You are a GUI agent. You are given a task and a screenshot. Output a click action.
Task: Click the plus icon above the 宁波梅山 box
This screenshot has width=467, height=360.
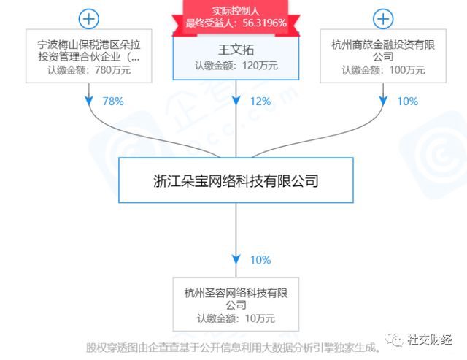coord(89,19)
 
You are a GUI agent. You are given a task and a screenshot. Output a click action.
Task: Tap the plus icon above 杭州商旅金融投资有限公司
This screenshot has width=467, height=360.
coord(383,19)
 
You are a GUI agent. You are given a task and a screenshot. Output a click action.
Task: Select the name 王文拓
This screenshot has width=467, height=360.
coord(236,50)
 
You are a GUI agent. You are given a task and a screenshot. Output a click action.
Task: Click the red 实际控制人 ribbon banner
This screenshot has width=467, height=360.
coord(236,18)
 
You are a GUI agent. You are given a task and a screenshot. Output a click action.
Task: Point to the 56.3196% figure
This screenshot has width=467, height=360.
coord(264,23)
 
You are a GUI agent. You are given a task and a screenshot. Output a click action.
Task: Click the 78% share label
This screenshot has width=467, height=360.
coord(113,102)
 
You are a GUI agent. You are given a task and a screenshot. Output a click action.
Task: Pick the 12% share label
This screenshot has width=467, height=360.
coord(260,102)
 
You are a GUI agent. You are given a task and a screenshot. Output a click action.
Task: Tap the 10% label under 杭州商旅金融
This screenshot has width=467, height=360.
coord(407,102)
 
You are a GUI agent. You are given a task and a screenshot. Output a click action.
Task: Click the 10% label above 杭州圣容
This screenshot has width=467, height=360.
coord(260,260)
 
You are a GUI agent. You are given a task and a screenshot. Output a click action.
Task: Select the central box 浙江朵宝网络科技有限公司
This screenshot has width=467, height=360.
coord(236,180)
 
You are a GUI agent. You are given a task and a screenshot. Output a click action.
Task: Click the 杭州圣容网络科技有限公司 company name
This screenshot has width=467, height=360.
coord(236,299)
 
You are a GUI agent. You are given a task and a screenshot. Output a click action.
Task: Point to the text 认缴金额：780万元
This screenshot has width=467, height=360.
coord(89,70)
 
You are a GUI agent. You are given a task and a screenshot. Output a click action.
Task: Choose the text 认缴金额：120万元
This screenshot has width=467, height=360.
coord(236,66)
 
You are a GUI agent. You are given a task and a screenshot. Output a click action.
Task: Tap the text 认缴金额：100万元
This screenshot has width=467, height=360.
coord(383,70)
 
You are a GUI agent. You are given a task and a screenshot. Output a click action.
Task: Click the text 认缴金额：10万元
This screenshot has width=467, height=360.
coord(236,318)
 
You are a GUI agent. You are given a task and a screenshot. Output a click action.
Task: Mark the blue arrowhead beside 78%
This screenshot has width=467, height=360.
coord(89,101)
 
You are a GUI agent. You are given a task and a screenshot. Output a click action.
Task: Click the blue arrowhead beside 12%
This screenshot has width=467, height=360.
coord(236,101)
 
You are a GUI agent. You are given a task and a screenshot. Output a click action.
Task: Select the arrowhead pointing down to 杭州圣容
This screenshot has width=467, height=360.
coord(236,259)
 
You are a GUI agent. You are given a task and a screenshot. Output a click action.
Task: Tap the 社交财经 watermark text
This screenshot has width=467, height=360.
coord(430,340)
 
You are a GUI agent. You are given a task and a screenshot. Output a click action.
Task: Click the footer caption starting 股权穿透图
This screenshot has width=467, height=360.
coord(233,348)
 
